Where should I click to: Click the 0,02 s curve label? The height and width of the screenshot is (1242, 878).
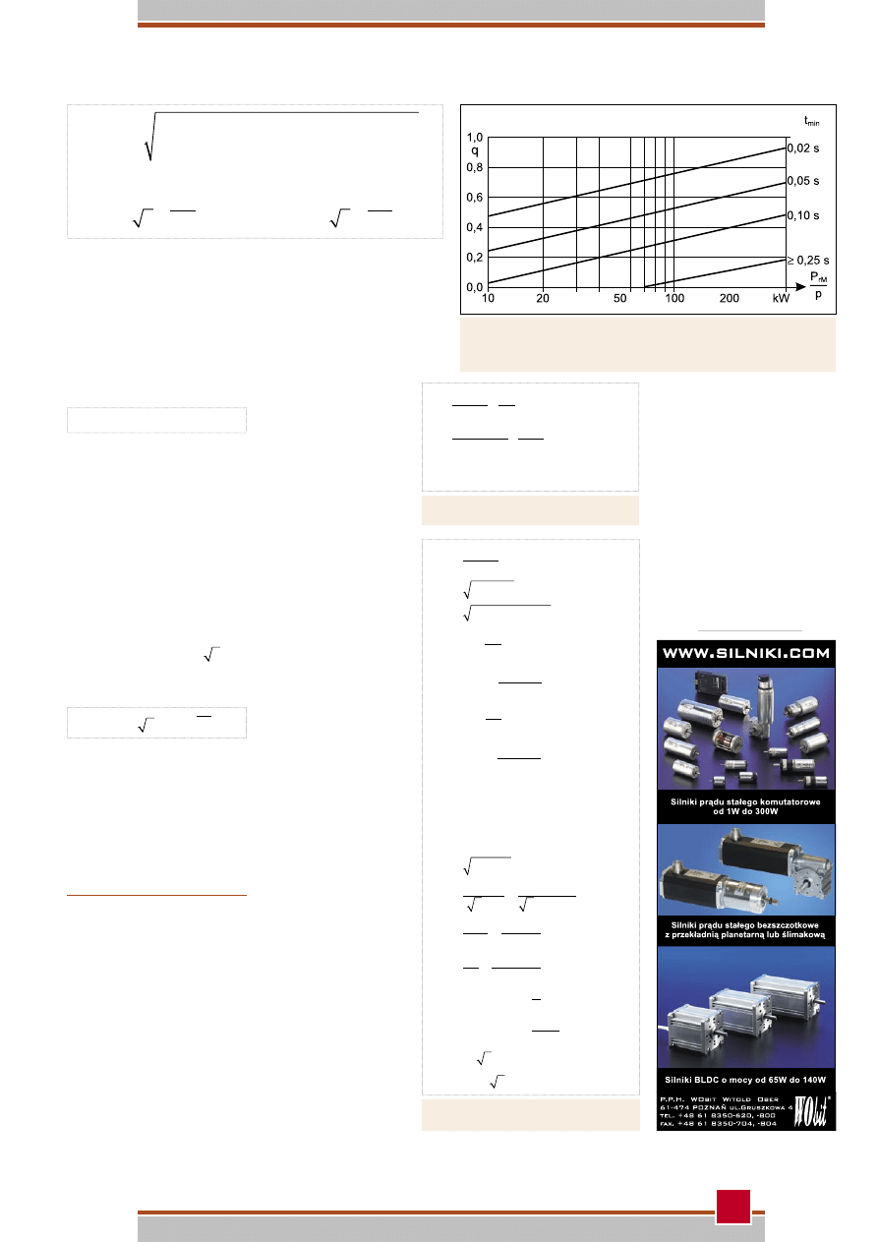802,148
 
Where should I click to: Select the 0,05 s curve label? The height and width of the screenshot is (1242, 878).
802,181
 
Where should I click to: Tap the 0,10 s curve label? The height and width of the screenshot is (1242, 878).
802,215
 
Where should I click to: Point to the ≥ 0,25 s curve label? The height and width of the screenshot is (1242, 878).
808,261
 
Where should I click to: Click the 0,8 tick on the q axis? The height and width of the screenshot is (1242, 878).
475,167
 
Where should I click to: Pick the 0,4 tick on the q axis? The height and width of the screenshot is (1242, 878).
475,227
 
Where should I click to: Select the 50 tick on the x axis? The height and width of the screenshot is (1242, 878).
619,298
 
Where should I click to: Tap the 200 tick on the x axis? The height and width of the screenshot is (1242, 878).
729,298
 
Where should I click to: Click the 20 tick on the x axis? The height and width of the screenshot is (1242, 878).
542,298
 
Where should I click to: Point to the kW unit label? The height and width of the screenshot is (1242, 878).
781,298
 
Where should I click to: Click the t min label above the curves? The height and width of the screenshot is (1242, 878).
811,121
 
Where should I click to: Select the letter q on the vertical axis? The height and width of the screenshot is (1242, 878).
475,151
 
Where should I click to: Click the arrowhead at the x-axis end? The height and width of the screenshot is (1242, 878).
800,287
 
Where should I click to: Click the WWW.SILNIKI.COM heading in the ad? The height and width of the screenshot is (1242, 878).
745,653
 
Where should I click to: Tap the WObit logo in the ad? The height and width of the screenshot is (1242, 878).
812,1111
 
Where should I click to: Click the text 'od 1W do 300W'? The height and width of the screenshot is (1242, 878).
745,811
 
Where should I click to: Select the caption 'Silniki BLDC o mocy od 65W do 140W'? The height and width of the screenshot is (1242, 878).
745,1080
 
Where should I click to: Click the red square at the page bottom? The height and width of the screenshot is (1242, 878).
732,1206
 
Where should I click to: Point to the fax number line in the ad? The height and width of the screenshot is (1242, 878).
718,1124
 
